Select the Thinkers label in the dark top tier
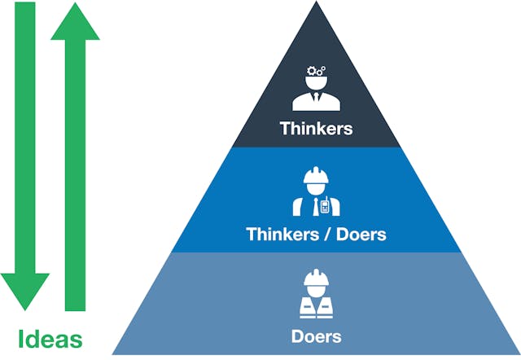pos(315,128)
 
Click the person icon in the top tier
pos(315,91)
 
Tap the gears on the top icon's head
pos(315,71)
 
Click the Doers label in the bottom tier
pos(315,336)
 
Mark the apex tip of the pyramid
pos(315,2)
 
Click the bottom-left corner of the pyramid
pos(112,353)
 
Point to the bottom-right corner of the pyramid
pos(518,353)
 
